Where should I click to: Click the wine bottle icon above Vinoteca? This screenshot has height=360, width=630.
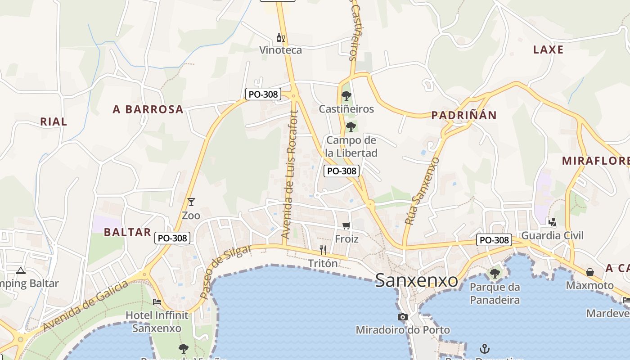coord(280,38)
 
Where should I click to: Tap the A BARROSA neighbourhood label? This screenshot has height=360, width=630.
coord(148,109)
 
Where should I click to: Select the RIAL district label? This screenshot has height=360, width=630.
coord(54,121)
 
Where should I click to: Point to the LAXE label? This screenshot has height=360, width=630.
coord(548,49)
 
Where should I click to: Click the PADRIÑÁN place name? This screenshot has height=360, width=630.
coord(464,115)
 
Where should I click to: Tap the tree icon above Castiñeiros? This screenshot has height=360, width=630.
coord(346,95)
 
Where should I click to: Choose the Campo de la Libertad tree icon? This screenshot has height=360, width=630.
coord(351,127)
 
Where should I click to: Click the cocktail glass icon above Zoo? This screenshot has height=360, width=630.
coord(191,202)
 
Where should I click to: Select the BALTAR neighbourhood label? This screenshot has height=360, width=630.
coord(127,232)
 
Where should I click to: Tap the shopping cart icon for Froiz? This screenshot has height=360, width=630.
coord(346,225)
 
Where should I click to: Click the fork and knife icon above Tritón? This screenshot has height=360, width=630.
coord(323,250)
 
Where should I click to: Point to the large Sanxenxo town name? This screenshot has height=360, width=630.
coord(416,280)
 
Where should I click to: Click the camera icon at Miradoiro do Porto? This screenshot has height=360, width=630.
coord(403,317)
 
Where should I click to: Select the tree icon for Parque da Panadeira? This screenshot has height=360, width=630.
coord(495,273)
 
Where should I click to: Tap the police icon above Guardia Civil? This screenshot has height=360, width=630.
coord(552,222)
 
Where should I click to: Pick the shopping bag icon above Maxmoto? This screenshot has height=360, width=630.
coord(589,272)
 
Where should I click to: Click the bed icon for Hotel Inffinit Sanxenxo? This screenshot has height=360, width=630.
coord(157,301)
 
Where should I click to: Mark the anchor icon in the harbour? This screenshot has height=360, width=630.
coord(484,348)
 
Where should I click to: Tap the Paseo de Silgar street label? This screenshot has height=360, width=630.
coord(225,271)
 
